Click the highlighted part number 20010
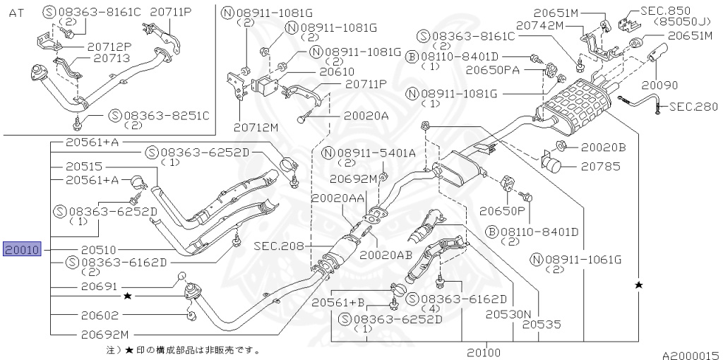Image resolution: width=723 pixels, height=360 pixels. click(23, 249)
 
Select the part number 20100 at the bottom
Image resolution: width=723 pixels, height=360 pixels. click(483, 352)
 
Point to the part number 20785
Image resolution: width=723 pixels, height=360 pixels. click(600, 167)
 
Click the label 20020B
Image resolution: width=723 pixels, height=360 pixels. click(603, 148)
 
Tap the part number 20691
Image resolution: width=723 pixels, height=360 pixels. click(97, 287)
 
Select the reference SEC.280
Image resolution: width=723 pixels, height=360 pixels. click(693, 107)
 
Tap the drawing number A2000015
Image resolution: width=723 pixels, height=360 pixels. click(690, 356)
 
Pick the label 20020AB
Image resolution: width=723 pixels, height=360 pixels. click(386, 255)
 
